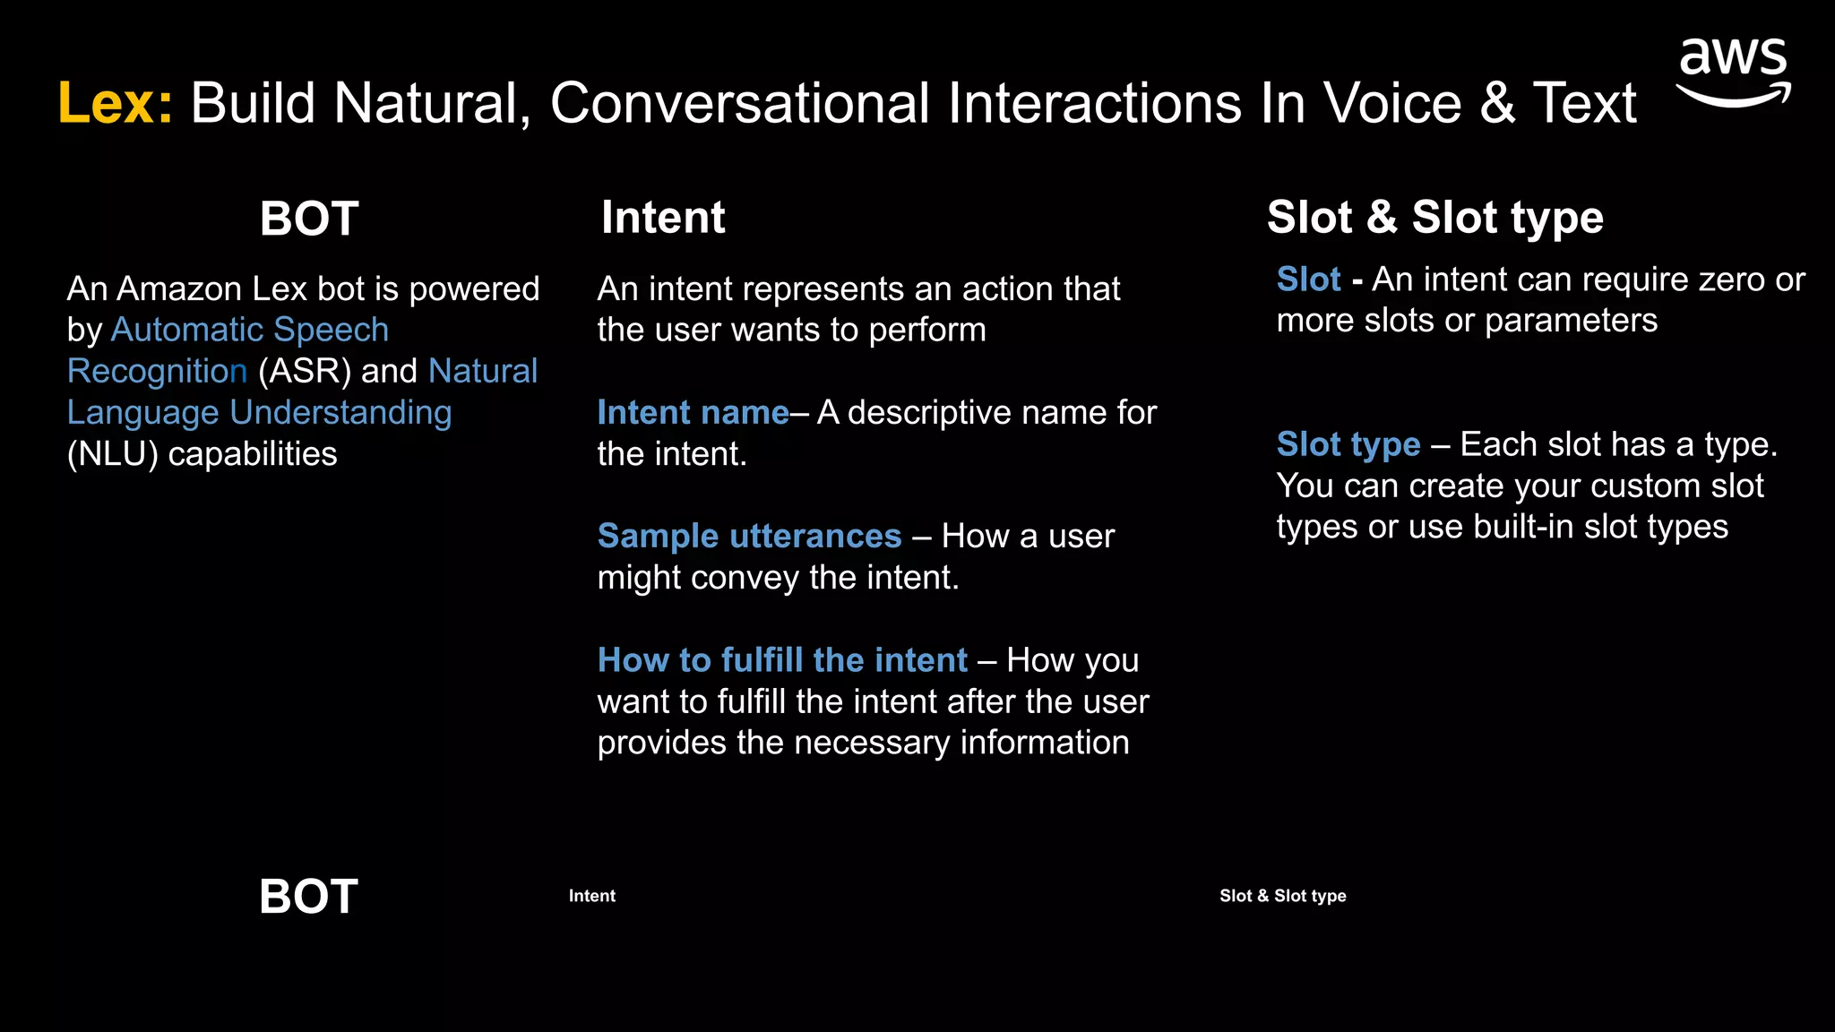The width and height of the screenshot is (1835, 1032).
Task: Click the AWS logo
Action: click(1733, 72)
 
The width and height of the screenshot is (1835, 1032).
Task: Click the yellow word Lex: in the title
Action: click(115, 103)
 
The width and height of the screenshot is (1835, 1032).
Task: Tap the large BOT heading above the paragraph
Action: click(309, 219)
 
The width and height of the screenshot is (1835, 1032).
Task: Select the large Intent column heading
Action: click(663, 218)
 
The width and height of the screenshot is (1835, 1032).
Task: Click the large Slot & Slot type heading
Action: click(1434, 218)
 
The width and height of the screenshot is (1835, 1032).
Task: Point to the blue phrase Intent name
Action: click(693, 413)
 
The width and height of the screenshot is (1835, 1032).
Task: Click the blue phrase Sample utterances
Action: click(749, 537)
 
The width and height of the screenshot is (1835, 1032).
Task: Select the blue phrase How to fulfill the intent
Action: click(782, 660)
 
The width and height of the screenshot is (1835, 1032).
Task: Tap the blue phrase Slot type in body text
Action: click(1348, 444)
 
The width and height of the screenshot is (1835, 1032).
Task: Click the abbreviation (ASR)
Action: click(305, 372)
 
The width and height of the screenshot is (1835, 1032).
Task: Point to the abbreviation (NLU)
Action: click(112, 454)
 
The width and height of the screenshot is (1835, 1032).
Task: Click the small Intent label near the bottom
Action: click(591, 896)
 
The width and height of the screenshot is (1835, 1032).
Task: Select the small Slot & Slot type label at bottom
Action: click(1282, 896)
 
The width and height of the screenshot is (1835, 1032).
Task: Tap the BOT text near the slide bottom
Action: click(308, 896)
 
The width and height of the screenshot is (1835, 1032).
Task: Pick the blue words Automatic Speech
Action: click(250, 331)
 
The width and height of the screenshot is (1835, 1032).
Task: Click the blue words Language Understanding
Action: click(259, 413)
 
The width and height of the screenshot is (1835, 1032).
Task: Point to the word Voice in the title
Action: click(1391, 103)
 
